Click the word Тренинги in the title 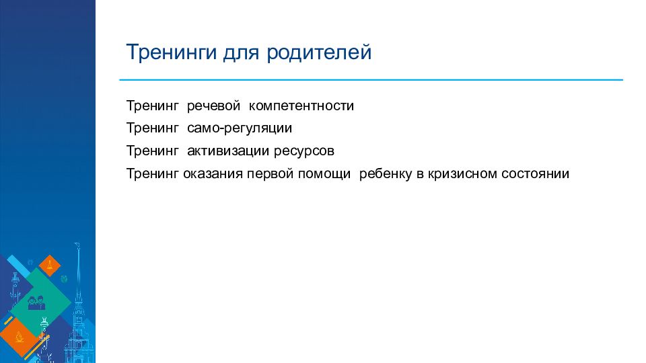tap(172, 52)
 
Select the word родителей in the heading tap(319, 52)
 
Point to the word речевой tap(213, 106)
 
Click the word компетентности tap(301, 106)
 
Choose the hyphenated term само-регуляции tap(240, 128)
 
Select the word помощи tap(324, 174)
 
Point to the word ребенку tap(385, 173)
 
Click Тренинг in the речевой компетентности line tap(153, 106)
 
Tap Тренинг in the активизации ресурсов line tap(153, 151)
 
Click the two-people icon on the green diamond tap(36, 302)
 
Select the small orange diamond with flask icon tap(50, 266)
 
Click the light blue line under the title tap(371, 80)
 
